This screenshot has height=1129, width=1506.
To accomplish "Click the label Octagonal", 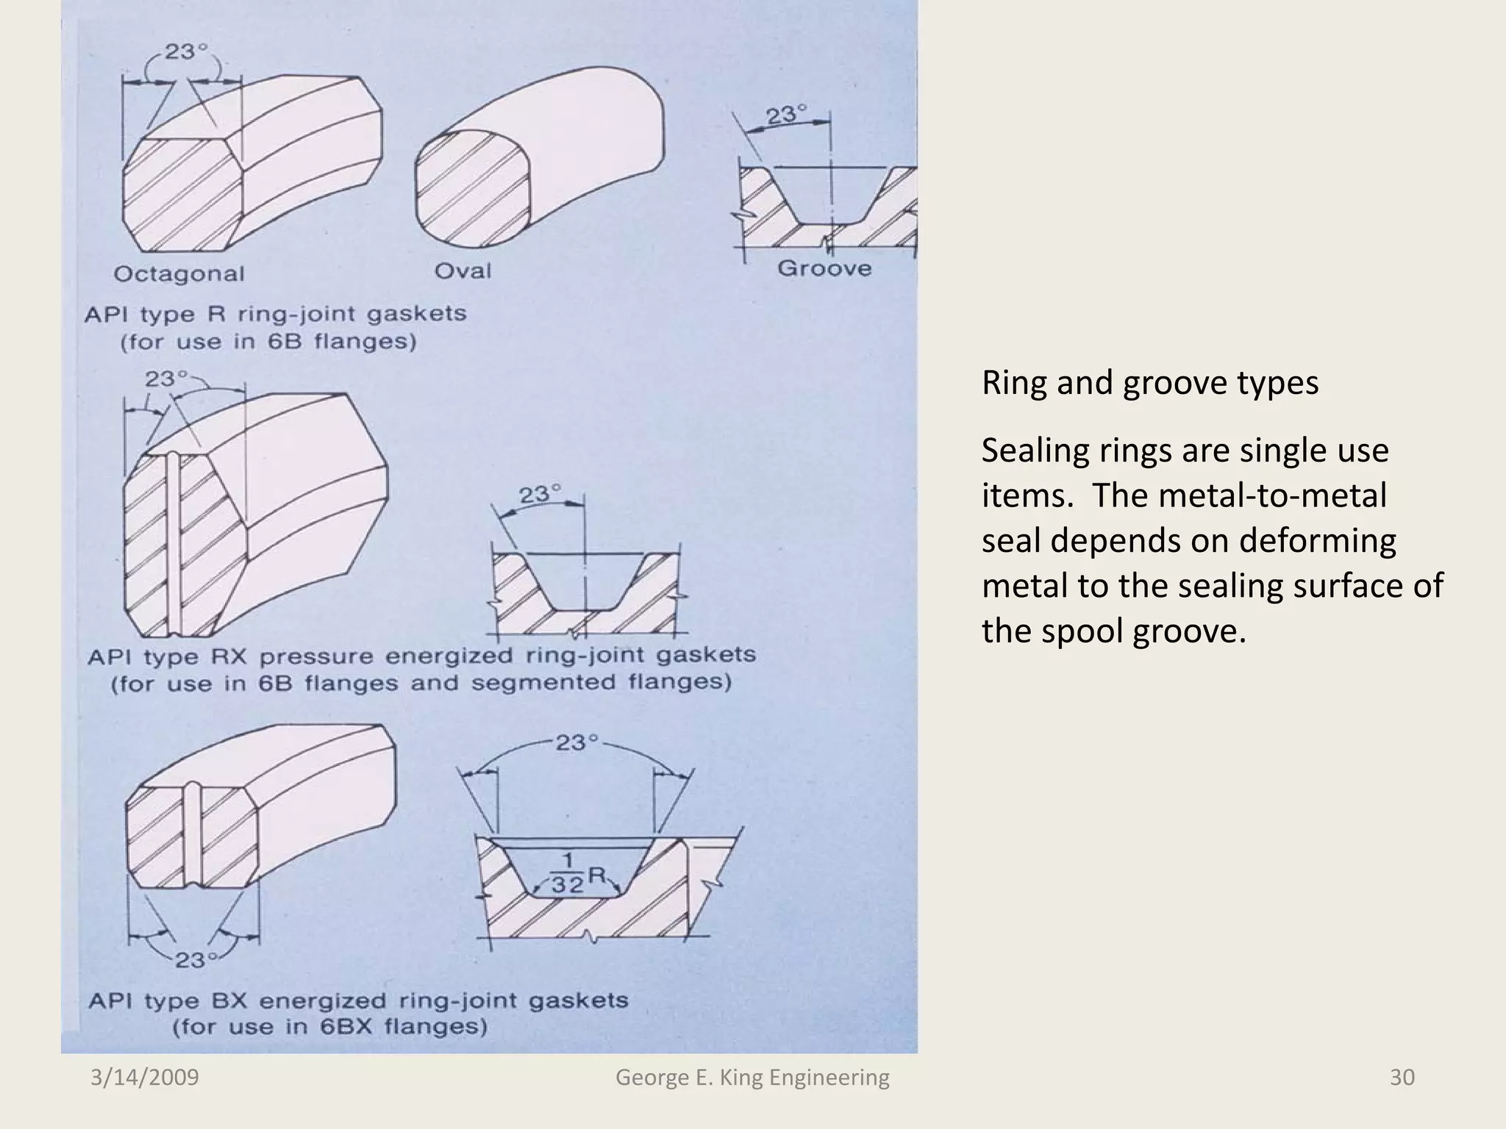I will tap(179, 274).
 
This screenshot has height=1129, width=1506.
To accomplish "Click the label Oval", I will tap(463, 271).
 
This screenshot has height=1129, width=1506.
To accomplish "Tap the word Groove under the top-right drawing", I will tap(824, 268).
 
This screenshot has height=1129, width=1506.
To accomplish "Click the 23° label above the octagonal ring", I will tap(185, 52).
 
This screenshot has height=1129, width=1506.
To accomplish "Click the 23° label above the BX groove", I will tap(577, 742).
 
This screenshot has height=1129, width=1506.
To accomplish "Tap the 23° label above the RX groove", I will tap(540, 495).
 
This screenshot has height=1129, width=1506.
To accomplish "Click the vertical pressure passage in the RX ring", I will tap(174, 544).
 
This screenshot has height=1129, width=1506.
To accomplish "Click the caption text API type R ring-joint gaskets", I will tap(276, 315).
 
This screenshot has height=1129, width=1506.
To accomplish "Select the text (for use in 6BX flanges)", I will tap(329, 1027).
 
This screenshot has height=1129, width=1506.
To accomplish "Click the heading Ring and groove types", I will tap(1149, 383).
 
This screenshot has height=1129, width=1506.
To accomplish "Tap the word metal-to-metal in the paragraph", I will tap(1271, 495).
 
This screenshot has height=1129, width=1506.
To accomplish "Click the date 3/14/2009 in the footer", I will tap(145, 1078).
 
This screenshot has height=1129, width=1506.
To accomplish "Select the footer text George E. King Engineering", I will tap(752, 1078).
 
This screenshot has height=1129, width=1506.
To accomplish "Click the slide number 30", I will tap(1402, 1078).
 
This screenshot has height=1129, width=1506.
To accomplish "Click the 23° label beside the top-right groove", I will tap(787, 115).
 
